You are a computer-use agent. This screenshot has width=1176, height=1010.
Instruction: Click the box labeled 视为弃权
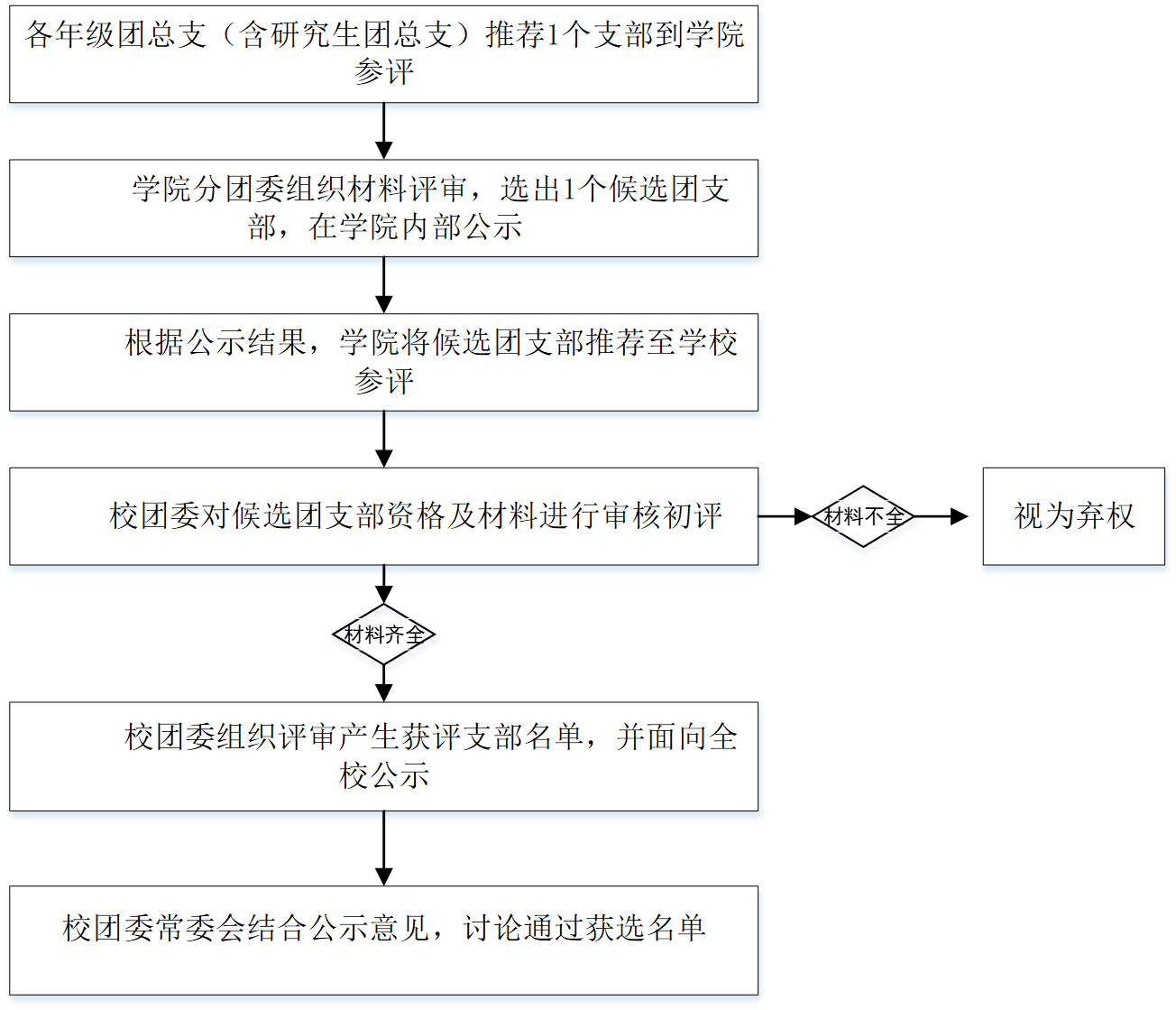pos(1074,517)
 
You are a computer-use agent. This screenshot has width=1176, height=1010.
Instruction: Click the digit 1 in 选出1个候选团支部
pos(569,190)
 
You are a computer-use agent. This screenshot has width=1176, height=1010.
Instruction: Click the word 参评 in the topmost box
pos(384,73)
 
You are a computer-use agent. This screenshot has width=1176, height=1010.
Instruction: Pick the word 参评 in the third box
pos(384,382)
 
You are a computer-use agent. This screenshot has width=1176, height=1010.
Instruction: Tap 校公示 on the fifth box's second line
pos(384,775)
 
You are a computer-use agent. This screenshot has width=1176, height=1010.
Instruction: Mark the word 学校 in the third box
pos(708,344)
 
